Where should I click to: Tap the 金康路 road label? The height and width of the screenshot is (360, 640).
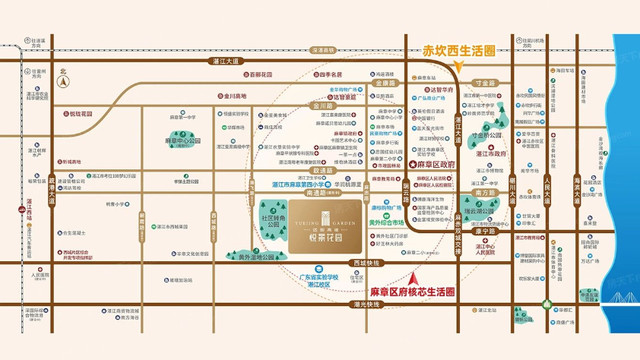coord(322,103)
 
